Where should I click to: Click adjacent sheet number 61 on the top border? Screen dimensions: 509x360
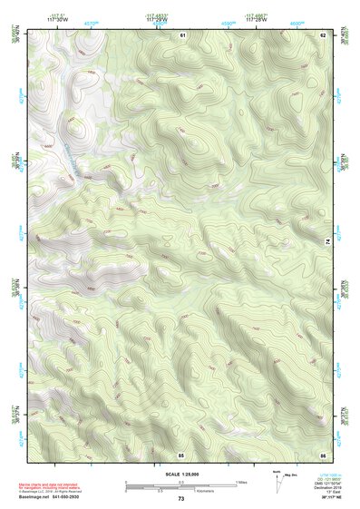pos(182,34)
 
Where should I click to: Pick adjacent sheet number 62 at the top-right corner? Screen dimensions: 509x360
pos(322,34)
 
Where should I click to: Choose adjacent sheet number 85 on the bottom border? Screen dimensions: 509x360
pos(180,453)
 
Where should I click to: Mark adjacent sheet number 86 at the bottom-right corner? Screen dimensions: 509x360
pos(322,453)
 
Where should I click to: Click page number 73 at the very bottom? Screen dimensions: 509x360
pos(180,499)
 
